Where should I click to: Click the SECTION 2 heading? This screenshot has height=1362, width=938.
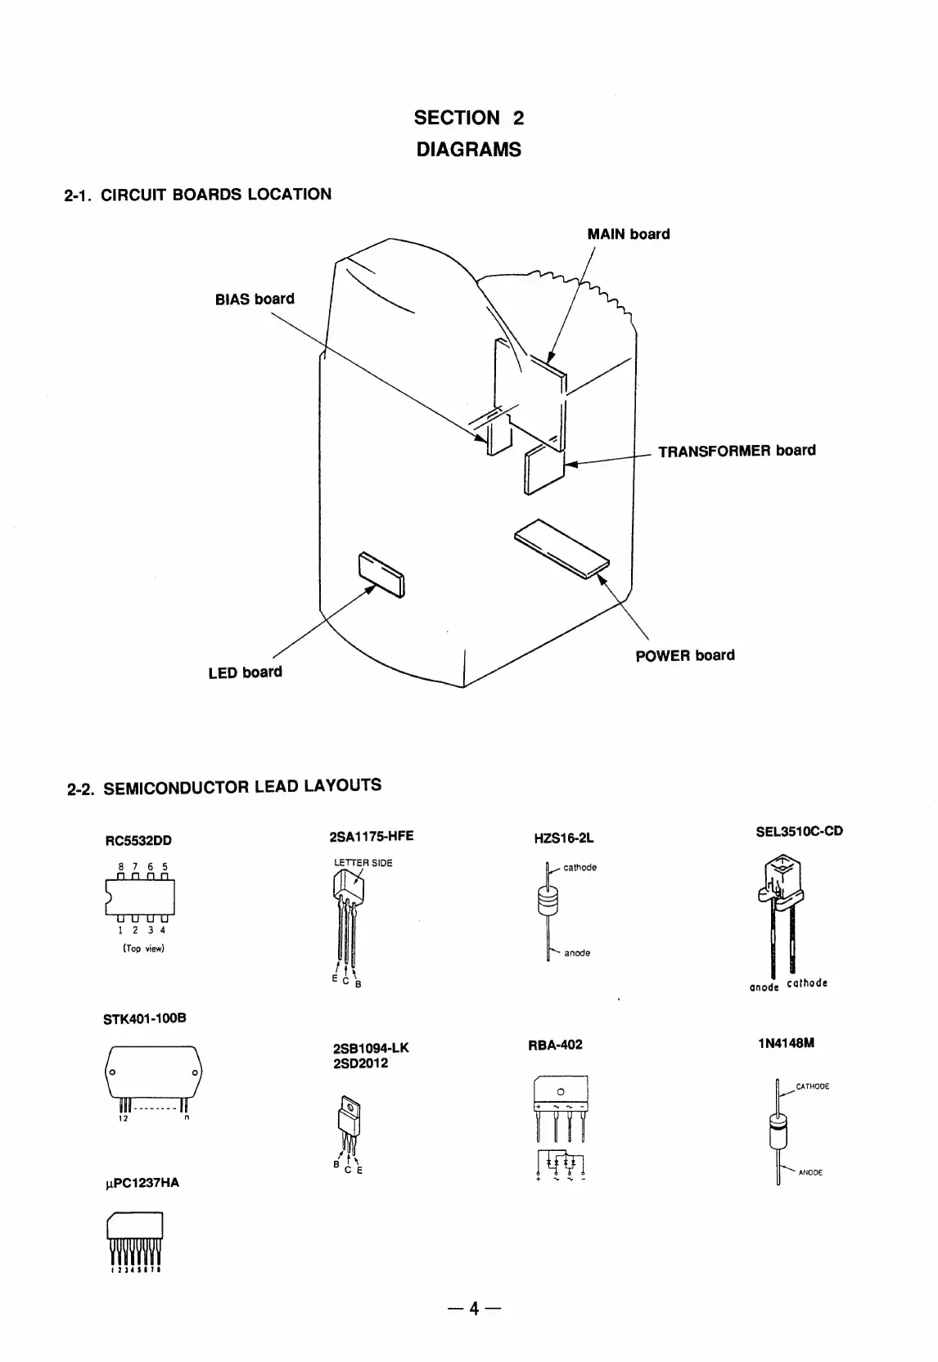pos(468,118)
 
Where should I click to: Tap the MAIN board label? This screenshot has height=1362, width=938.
pos(628,234)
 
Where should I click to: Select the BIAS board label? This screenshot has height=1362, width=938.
pos(254,299)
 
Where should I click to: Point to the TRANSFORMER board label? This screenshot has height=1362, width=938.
pos(737,451)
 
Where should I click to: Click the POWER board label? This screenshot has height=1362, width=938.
pos(684,655)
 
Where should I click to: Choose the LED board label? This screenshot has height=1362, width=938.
pos(245,672)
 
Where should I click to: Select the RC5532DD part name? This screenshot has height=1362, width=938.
pos(138,840)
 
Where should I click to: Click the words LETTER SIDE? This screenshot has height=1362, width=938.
pos(363,863)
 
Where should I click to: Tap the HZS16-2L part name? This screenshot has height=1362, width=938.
pos(563,838)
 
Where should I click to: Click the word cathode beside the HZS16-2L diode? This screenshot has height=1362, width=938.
pos(580,867)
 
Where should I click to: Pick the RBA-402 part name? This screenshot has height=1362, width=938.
pos(556,1045)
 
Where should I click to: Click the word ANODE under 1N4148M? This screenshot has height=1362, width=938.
pos(810,1173)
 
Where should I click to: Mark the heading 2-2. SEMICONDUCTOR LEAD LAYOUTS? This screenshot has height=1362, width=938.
pos(223,787)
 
